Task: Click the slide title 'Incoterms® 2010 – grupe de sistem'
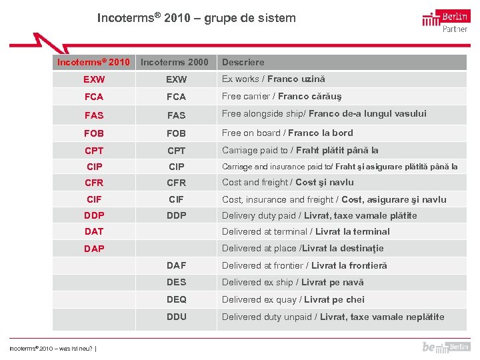(196, 18)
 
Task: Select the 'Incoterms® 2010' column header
(93, 62)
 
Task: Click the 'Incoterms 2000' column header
(175, 62)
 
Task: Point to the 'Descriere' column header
(243, 62)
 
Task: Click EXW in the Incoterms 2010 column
(94, 79)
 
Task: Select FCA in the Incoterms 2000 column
(177, 97)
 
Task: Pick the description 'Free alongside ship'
(324, 114)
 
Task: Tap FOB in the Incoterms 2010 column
(94, 133)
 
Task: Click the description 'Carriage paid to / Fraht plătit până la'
(300, 150)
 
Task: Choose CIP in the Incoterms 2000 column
(177, 167)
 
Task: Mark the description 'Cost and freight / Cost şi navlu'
(287, 182)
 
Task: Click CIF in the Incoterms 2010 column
(94, 199)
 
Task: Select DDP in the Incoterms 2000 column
(177, 215)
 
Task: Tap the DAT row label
(94, 231)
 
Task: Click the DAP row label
(94, 249)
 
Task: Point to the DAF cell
(177, 265)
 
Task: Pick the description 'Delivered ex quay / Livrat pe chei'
(293, 299)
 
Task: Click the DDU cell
(177, 317)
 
